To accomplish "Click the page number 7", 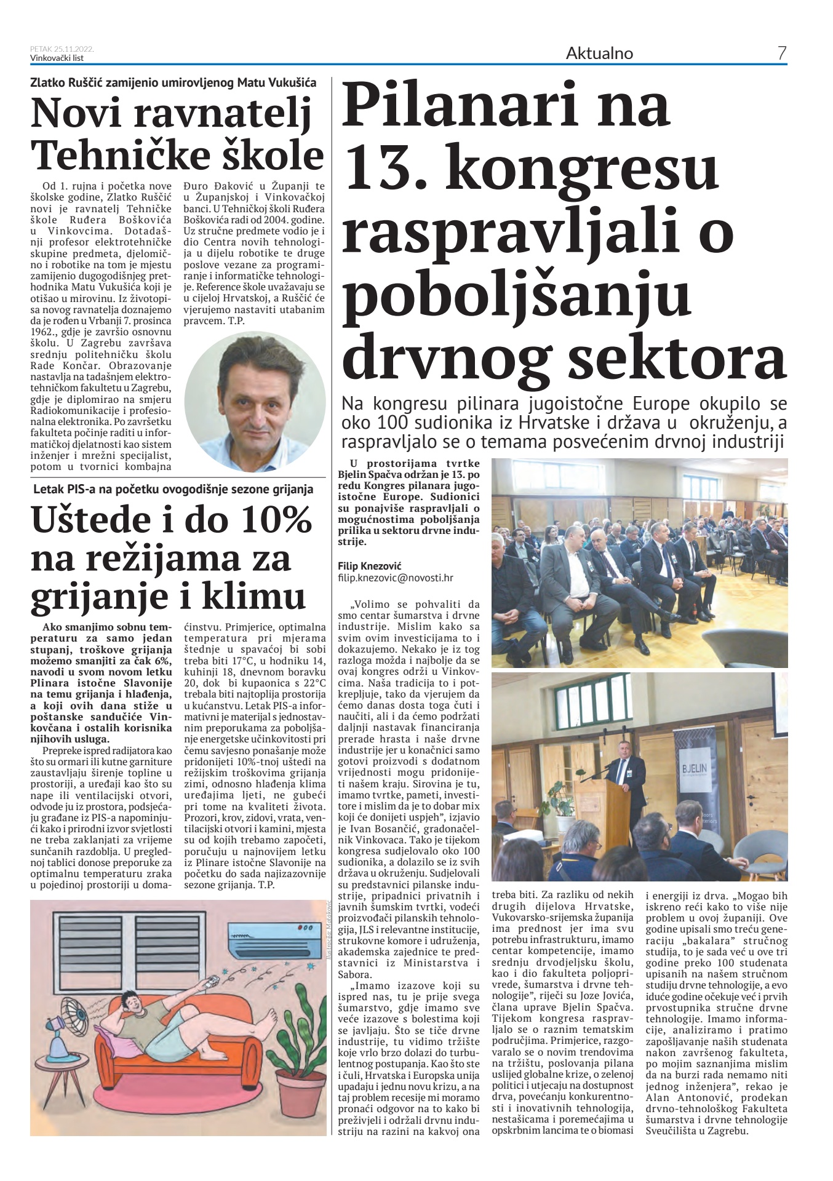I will (x=781, y=54).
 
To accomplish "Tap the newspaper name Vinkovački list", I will (x=57, y=58).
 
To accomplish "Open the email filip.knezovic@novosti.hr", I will (x=396, y=578).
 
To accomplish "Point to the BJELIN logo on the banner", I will (x=694, y=769).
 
